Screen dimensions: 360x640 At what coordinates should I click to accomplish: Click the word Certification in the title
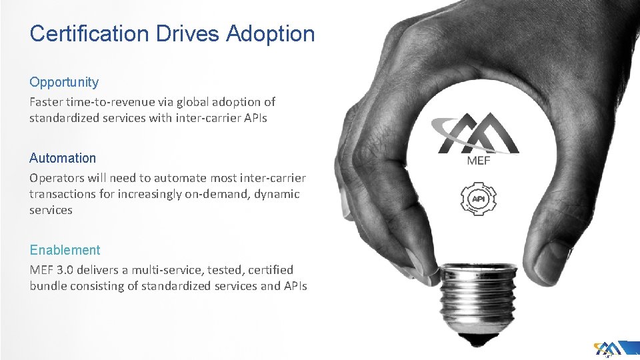[90, 33]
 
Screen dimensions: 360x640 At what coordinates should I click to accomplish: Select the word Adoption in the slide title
[270, 33]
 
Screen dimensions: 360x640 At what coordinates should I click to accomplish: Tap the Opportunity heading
[64, 82]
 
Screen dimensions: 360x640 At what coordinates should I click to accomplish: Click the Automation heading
[63, 158]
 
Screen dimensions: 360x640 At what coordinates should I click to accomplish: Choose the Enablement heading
[65, 250]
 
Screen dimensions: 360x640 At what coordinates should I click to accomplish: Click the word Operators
[56, 178]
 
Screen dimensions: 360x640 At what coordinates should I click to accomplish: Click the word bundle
[49, 286]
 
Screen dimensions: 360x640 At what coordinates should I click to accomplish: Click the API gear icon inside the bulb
[478, 199]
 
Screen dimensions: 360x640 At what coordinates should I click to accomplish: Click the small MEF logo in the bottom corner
[611, 349]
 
